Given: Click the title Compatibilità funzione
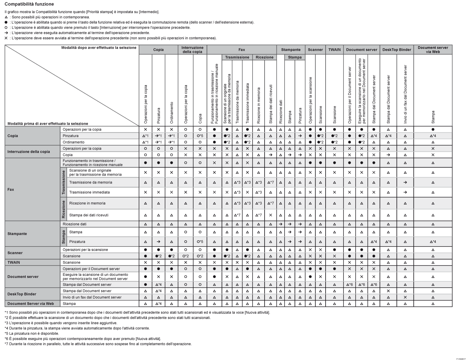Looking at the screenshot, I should coord(29,4).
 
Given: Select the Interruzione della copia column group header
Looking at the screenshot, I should coord(192,50).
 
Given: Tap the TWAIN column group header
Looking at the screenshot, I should coord(334,50).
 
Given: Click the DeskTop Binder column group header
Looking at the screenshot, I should coord(397,50).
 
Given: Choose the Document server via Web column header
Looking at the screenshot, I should coord(433,50).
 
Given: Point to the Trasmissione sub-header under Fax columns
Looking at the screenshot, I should coord(237,57).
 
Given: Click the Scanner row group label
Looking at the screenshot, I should coord(15,253).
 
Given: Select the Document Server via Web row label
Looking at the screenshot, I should coord(30,304).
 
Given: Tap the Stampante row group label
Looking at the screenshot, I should coord(17,234).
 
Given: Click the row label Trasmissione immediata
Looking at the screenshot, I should coord(89,192).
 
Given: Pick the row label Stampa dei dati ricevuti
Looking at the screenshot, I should coord(89,215).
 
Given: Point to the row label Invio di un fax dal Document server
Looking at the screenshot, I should coord(92,297).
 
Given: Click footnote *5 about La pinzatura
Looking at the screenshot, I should coord(32,333).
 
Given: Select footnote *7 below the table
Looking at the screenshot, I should coord(98,344).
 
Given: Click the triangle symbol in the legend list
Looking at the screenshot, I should coord(6,17).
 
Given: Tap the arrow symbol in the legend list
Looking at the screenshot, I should coord(6,33).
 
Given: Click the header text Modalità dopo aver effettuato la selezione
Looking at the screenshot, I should coord(99,48).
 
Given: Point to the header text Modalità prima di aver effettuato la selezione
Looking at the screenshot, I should coord(48,123).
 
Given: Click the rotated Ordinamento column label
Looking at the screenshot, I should coord(172,113).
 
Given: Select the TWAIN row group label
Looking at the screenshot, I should coord(14,262).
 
